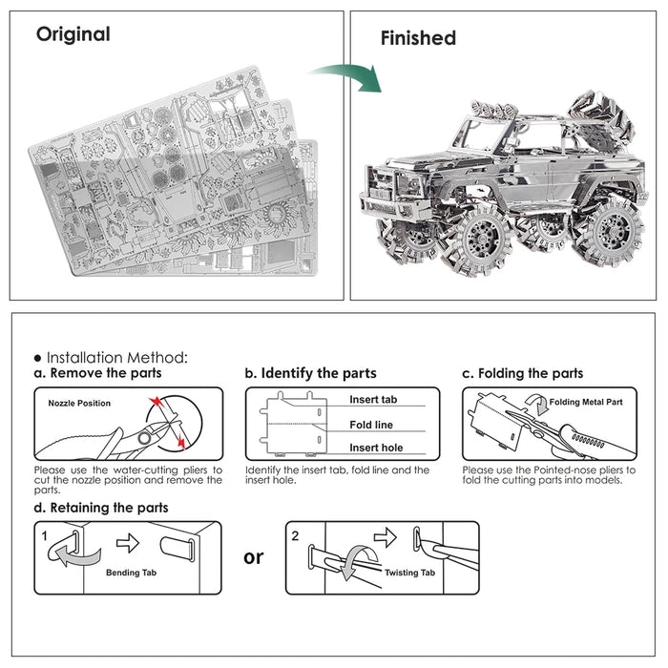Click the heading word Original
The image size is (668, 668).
click(73, 34)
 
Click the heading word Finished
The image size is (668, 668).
click(418, 38)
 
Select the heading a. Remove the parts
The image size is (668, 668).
click(97, 373)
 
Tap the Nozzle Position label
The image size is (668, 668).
click(79, 403)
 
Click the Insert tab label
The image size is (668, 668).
click(373, 400)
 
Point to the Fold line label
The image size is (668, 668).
click(371, 425)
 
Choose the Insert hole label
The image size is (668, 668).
click(375, 448)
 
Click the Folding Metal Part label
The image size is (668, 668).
click(586, 403)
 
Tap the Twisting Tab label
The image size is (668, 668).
click(411, 573)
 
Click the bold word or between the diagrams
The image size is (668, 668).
click(254, 556)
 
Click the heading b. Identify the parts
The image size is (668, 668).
click(310, 373)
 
